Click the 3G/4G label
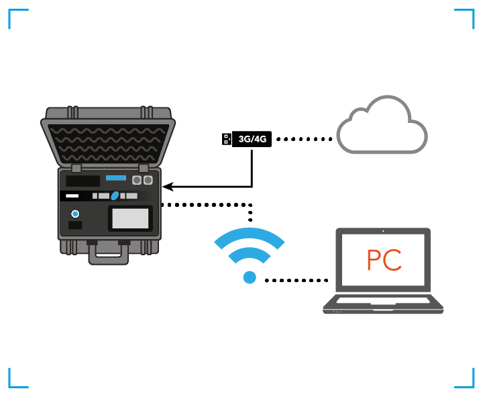point(252,139)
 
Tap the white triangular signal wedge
point(228,172)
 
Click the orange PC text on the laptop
point(384,260)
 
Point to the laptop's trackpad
point(383,307)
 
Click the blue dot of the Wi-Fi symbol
point(250,277)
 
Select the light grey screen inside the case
point(130,218)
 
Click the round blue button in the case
point(75,214)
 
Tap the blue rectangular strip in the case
point(116,178)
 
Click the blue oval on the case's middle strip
point(115,195)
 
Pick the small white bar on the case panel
point(72,195)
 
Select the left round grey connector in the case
point(137,180)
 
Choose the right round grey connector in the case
point(148,180)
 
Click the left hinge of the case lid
point(76,168)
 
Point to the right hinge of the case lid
point(144,168)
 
